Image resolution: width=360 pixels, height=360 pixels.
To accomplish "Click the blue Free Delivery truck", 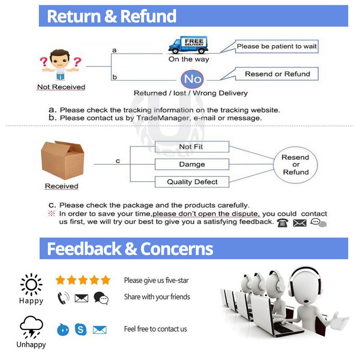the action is pyautogui.click(x=188, y=45).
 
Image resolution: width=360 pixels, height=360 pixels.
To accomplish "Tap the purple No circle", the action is pyautogui.click(x=192, y=79).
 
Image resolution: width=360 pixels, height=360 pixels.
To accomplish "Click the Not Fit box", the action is pyautogui.click(x=192, y=147).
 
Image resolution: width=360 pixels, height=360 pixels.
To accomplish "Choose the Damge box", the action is pyautogui.click(x=192, y=165).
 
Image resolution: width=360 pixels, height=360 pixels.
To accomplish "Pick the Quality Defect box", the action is pyautogui.click(x=192, y=182).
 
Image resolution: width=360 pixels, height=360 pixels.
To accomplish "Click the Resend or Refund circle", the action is pyautogui.click(x=296, y=165).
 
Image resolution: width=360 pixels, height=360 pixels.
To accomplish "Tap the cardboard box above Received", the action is pyautogui.click(x=62, y=160).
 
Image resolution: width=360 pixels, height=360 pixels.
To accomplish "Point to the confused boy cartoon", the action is pyautogui.click(x=60, y=65).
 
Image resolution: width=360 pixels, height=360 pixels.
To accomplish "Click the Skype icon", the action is pyautogui.click(x=81, y=329).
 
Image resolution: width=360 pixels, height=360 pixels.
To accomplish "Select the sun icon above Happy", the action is pyautogui.click(x=31, y=285).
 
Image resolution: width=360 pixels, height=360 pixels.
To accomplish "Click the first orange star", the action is pyautogui.click(x=60, y=280).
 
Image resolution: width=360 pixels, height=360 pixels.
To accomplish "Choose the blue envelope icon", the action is pyautogui.click(x=100, y=330).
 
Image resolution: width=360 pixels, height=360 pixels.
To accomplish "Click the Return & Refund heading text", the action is pyautogui.click(x=112, y=16).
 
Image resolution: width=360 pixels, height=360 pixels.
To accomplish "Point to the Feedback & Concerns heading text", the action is pyautogui.click(x=130, y=249).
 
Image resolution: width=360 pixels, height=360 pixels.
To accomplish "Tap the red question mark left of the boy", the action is pyautogui.click(x=44, y=62).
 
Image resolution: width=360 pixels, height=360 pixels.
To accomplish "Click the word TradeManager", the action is pyautogui.click(x=163, y=118).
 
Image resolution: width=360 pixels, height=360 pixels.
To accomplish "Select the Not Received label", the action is pyautogui.click(x=61, y=87).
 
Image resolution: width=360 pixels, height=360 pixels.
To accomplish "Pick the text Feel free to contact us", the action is pyautogui.click(x=156, y=329).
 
